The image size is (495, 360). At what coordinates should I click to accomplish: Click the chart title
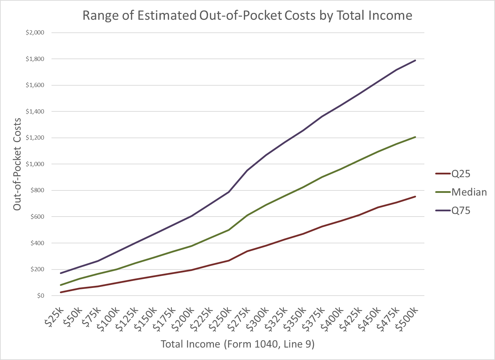247,16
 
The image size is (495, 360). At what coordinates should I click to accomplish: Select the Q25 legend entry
461,174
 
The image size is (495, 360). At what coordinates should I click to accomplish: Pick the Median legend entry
469,192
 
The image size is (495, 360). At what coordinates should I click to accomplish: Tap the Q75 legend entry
461,210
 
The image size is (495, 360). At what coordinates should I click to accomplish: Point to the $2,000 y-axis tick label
35,33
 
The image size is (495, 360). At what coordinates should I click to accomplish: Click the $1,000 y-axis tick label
35,164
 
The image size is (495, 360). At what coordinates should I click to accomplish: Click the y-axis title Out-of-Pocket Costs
17,164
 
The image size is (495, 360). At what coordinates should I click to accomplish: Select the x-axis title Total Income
238,344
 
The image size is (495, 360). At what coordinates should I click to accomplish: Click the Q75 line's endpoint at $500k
415,60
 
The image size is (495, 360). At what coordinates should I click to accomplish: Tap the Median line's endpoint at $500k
415,137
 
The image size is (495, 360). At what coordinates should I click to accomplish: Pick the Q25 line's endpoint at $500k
415,196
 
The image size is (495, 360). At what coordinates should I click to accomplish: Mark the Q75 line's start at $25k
61,273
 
